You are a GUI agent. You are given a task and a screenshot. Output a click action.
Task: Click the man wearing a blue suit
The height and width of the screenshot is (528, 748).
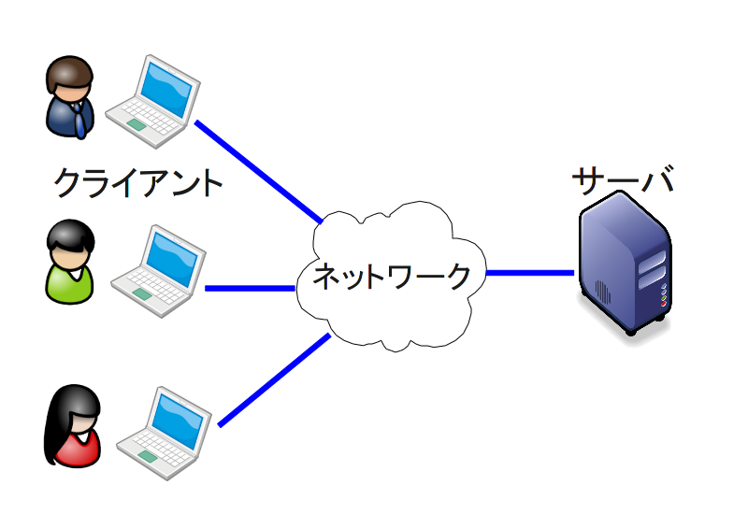70,98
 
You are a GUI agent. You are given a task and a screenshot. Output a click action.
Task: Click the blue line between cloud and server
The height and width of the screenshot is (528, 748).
529,273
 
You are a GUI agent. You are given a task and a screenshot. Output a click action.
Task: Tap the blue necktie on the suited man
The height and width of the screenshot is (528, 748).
79,118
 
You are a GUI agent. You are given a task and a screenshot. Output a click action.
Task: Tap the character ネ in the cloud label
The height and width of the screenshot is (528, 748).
326,277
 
